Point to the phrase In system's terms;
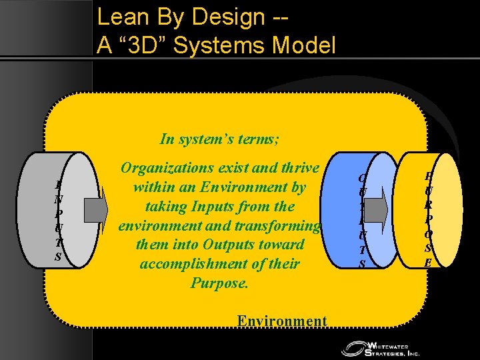click(x=219, y=139)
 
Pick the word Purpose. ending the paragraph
click(x=219, y=283)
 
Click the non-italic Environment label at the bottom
click(x=282, y=321)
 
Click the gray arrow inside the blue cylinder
click(x=377, y=209)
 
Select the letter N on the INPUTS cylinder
click(x=59, y=198)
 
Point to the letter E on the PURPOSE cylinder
click(x=427, y=262)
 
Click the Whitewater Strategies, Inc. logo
click(x=381, y=348)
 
